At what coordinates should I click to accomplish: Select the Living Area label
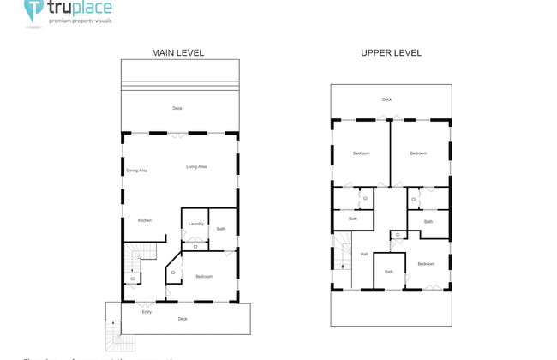(x=196, y=166)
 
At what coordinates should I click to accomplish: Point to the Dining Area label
(x=137, y=171)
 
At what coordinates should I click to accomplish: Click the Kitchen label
(x=145, y=220)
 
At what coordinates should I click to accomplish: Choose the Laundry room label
(x=195, y=224)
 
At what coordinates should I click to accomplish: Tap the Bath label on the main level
(x=221, y=229)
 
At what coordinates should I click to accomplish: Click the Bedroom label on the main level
(x=204, y=276)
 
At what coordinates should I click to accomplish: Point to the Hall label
(x=364, y=254)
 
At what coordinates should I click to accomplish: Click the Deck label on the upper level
(x=387, y=99)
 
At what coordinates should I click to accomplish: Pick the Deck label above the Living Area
(x=177, y=108)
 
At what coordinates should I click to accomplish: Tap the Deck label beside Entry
(x=182, y=319)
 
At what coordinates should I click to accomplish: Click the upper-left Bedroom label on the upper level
(x=361, y=153)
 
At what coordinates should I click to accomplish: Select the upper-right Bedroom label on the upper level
(x=418, y=153)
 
